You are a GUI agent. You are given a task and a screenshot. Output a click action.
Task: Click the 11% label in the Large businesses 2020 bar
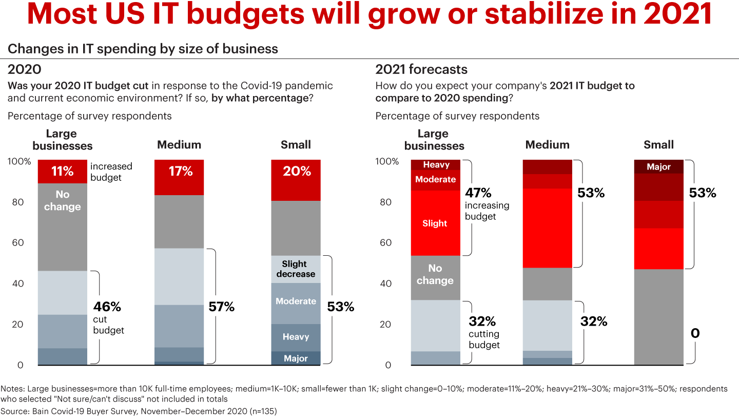point(62,172)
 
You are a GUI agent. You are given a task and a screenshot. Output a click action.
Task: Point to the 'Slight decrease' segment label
point(296,269)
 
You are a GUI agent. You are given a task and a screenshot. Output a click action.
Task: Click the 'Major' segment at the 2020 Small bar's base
point(296,358)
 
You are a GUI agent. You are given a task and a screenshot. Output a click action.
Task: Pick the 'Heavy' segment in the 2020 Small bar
point(296,337)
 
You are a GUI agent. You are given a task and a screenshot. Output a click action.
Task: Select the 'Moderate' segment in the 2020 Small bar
point(296,301)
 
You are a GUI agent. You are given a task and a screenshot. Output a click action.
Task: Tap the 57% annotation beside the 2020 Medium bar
point(222,307)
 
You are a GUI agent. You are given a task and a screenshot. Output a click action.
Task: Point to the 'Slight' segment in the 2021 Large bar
point(435,223)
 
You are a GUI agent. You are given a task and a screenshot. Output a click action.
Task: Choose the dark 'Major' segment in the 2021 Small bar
point(659,167)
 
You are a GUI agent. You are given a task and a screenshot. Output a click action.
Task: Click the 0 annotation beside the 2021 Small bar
point(695,333)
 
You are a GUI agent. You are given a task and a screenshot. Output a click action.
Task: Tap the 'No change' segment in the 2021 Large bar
point(435,274)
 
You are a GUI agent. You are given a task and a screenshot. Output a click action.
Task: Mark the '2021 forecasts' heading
point(421,69)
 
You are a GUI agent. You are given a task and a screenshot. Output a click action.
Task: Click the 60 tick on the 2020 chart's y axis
point(18,242)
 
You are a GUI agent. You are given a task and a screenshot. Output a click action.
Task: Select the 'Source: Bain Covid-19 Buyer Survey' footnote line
point(139,411)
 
